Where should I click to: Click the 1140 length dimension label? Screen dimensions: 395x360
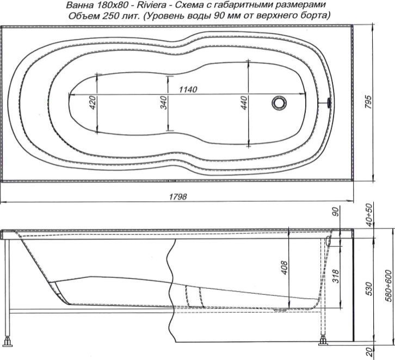pyautogui.click(x=188, y=90)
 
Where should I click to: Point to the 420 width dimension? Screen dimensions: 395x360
pyautogui.click(x=93, y=102)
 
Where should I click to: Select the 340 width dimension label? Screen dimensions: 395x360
pyautogui.click(x=163, y=102)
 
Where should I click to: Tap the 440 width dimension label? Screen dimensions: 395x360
pyautogui.click(x=244, y=103)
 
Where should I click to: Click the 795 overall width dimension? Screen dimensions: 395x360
pyautogui.click(x=368, y=102)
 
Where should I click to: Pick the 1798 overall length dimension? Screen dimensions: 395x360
pyautogui.click(x=178, y=197)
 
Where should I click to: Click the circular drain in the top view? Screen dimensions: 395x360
pyautogui.click(x=279, y=103)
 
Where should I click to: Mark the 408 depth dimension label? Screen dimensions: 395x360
pyautogui.click(x=284, y=268)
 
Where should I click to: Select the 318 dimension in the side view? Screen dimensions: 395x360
pyautogui.click(x=336, y=276)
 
